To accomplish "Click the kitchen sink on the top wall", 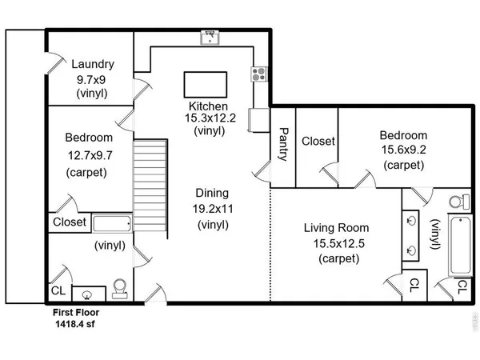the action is [210, 38].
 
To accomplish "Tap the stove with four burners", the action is [259, 74].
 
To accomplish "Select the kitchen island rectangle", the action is [206, 85].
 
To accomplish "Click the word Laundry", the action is [93, 64].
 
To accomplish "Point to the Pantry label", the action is [283, 144].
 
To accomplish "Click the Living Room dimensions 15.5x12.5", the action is [338, 244].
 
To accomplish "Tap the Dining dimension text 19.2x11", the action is [213, 209].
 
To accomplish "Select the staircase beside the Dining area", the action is [150, 186].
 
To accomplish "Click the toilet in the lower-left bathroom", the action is [120, 289].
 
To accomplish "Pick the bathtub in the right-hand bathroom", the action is [460, 246].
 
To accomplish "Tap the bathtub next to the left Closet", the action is [112, 223].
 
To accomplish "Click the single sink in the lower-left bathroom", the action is [87, 295].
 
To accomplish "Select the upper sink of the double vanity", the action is [411, 221].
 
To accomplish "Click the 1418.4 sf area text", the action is [75, 324].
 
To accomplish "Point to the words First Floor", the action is [76, 313].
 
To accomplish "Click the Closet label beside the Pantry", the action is [318, 141].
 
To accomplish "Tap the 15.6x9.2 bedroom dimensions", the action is [403, 150].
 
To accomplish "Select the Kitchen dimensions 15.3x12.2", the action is [210, 118].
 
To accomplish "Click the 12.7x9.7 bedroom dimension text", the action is [90, 155].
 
